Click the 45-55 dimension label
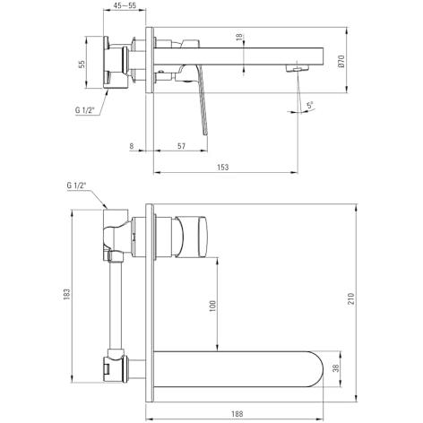tap(125, 5)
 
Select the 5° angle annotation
tap(310, 105)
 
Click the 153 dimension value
tap(223, 167)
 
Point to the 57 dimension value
tap(181, 146)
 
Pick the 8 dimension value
tap(132, 146)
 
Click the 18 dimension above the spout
tap(239, 37)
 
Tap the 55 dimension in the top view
tap(82, 65)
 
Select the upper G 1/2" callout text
tap(85, 110)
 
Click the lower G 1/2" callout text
tap(76, 186)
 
